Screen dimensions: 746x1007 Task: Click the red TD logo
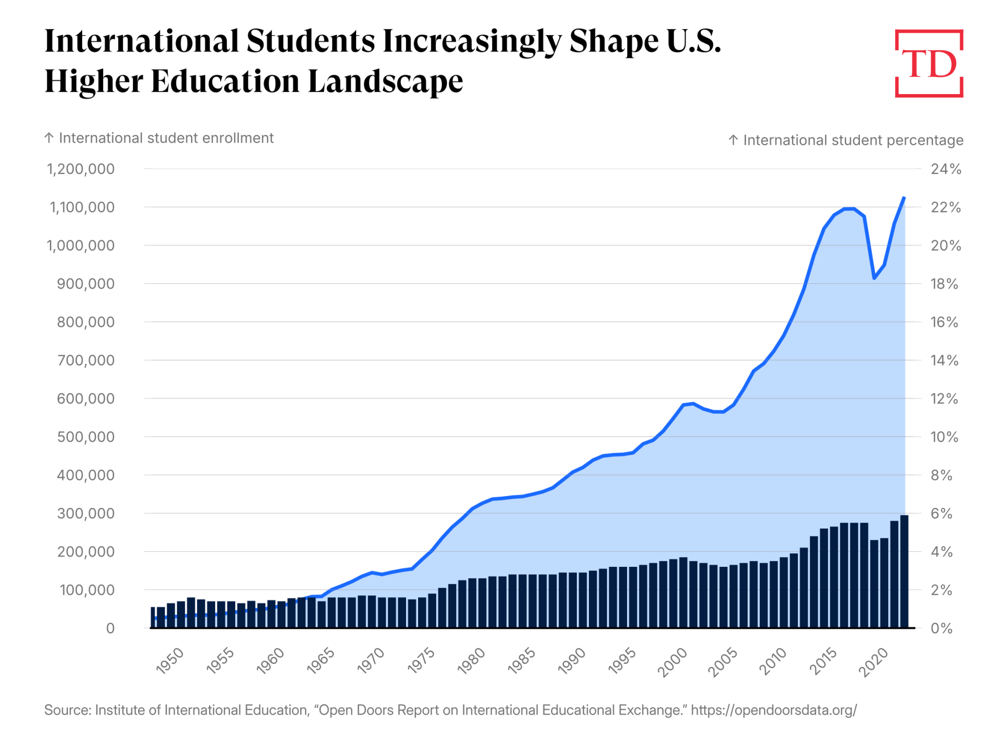929,63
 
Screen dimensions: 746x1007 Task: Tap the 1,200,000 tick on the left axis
81,169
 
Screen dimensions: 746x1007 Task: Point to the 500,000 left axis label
86,437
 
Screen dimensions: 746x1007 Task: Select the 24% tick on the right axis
946,169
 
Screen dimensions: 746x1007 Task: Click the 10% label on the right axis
944,437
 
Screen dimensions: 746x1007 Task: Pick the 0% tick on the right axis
941,628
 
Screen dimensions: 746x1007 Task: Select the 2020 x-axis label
874,662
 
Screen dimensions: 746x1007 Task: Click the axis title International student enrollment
166,138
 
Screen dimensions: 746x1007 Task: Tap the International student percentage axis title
853,140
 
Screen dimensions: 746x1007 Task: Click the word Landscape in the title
385,81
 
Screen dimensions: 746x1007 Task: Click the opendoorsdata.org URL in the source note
774,710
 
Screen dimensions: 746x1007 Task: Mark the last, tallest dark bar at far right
904,571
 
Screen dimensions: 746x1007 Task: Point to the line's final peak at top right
904,198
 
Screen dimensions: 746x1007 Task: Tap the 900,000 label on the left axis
86,284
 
